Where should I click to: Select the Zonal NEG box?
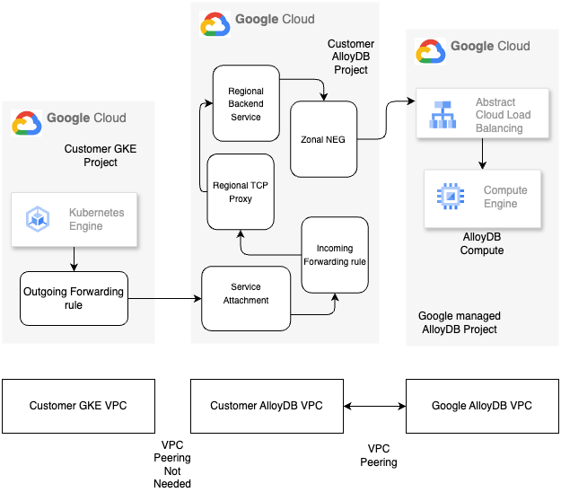[x=324, y=139]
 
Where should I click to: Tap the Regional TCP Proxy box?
[x=239, y=192]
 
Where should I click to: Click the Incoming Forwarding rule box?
[x=335, y=254]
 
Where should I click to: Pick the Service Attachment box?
[x=246, y=294]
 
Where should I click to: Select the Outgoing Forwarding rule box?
[x=74, y=299]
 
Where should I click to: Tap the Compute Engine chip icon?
[x=448, y=197]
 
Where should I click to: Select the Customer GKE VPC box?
[x=78, y=406]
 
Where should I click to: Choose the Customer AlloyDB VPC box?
[x=266, y=406]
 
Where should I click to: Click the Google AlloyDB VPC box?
[x=482, y=406]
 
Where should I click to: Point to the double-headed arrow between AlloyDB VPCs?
[x=374, y=407]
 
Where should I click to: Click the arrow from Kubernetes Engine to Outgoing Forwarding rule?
[x=74, y=259]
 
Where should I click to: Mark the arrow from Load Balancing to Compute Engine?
[x=483, y=154]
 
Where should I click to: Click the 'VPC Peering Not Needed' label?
[x=171, y=464]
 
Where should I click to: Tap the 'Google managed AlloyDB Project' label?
[x=460, y=322]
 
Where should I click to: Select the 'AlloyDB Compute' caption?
[x=482, y=243]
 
